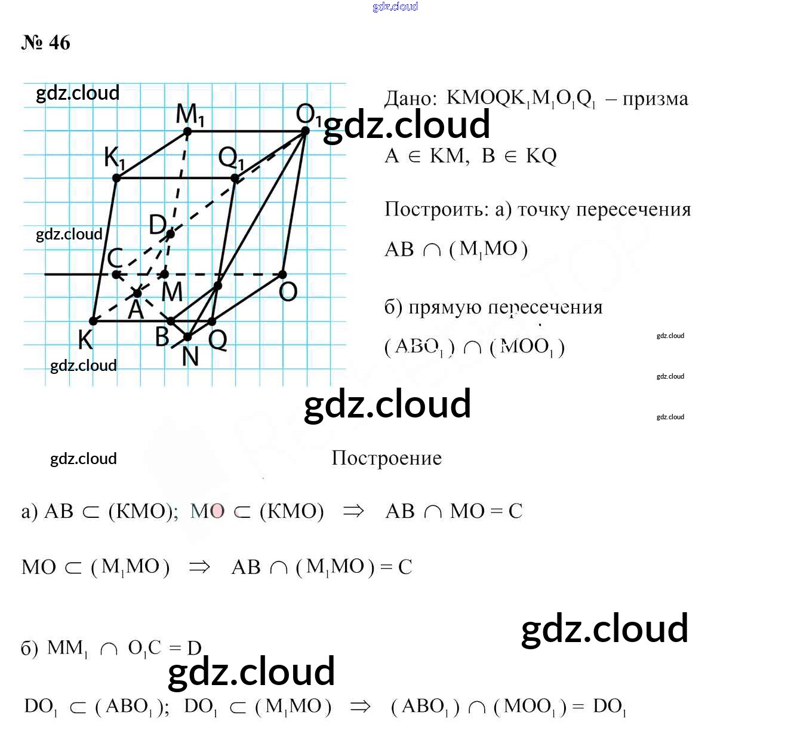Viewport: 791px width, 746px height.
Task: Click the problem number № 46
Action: (x=46, y=43)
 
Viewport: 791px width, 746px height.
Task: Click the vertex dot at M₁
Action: (x=187, y=131)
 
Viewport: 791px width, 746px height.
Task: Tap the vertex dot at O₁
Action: (x=305, y=131)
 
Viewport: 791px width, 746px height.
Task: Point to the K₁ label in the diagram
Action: (x=114, y=158)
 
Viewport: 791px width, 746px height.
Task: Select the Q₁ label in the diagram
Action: (x=231, y=158)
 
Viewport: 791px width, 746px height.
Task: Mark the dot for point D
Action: (x=171, y=234)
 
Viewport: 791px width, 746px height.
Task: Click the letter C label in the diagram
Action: (x=115, y=258)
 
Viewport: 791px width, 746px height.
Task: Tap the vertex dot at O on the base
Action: (x=282, y=275)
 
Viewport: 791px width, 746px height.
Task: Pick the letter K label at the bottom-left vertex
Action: (x=85, y=340)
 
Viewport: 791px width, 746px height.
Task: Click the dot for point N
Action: (x=187, y=337)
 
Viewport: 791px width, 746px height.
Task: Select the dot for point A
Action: (x=137, y=293)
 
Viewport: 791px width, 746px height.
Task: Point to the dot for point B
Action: (x=171, y=321)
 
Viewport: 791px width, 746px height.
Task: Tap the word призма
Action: (x=655, y=99)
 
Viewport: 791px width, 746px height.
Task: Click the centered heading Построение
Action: (x=387, y=458)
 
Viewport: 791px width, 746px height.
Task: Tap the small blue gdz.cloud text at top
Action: (x=395, y=7)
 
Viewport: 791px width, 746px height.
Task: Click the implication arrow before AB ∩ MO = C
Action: (x=353, y=511)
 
